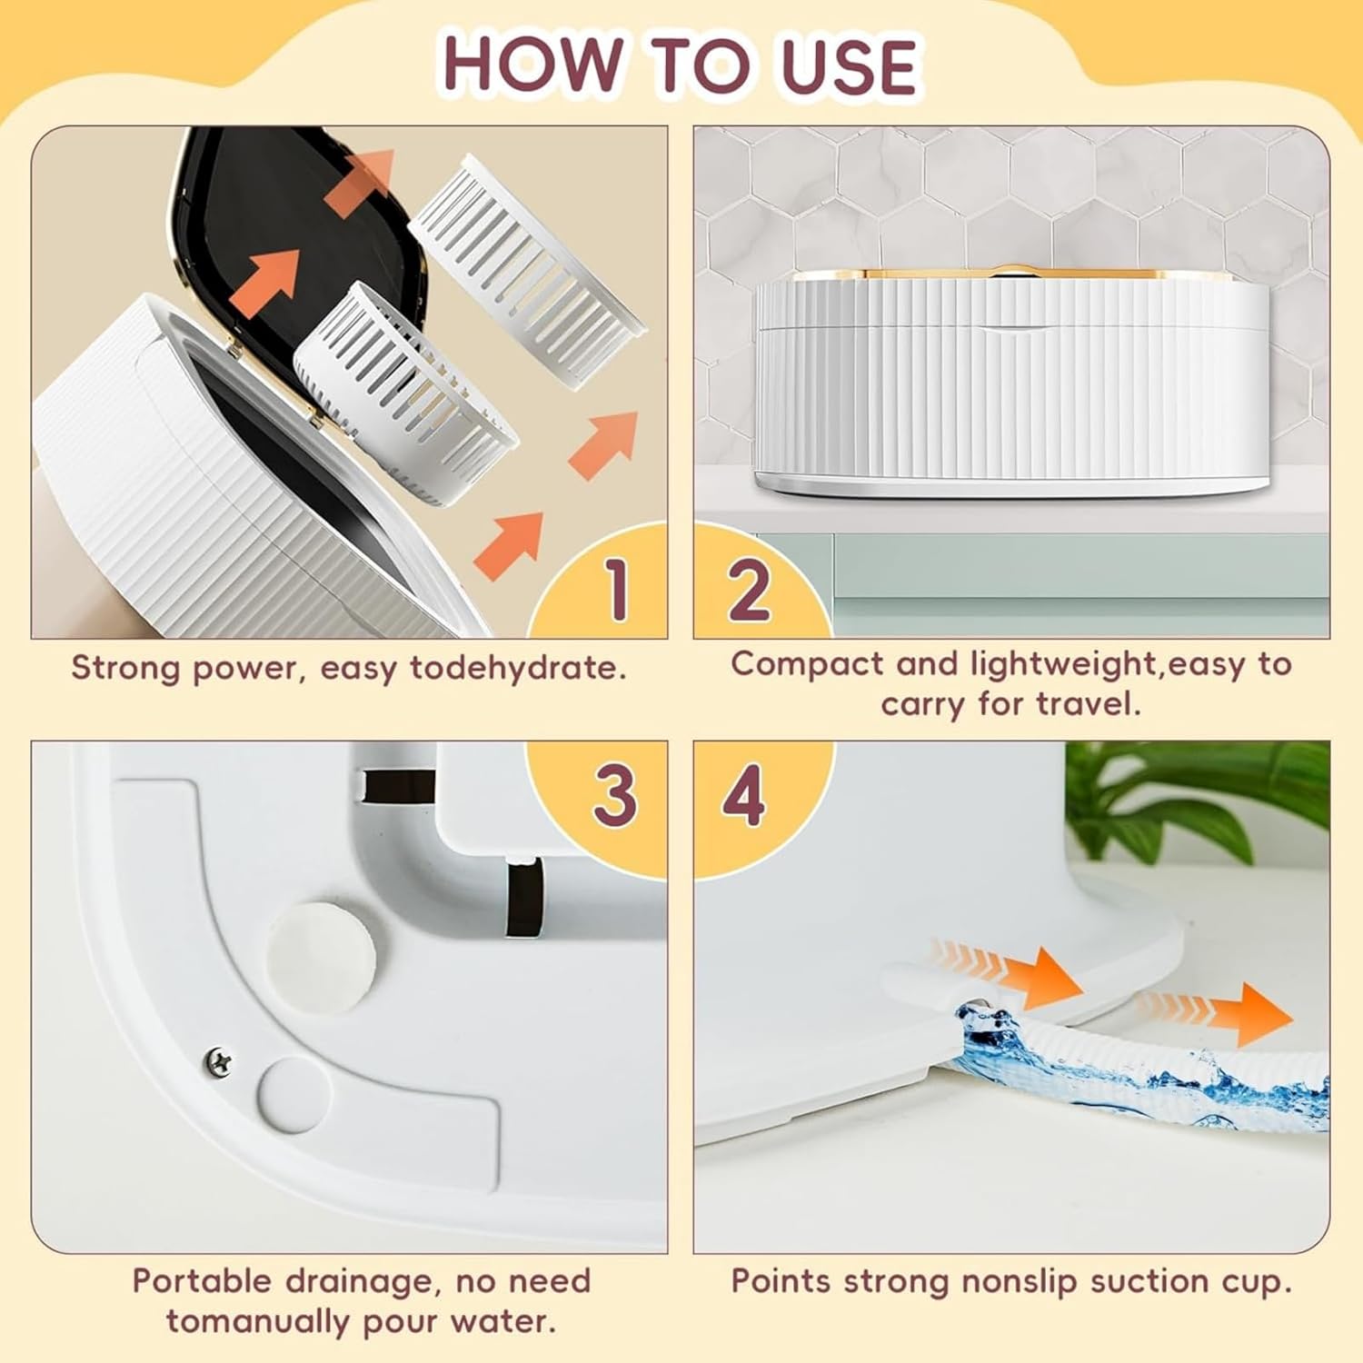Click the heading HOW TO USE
(x=680, y=65)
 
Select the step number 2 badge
(x=750, y=589)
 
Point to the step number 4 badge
(x=743, y=796)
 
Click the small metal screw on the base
(x=218, y=1058)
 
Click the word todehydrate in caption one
(x=518, y=668)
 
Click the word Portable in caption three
(x=202, y=1281)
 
